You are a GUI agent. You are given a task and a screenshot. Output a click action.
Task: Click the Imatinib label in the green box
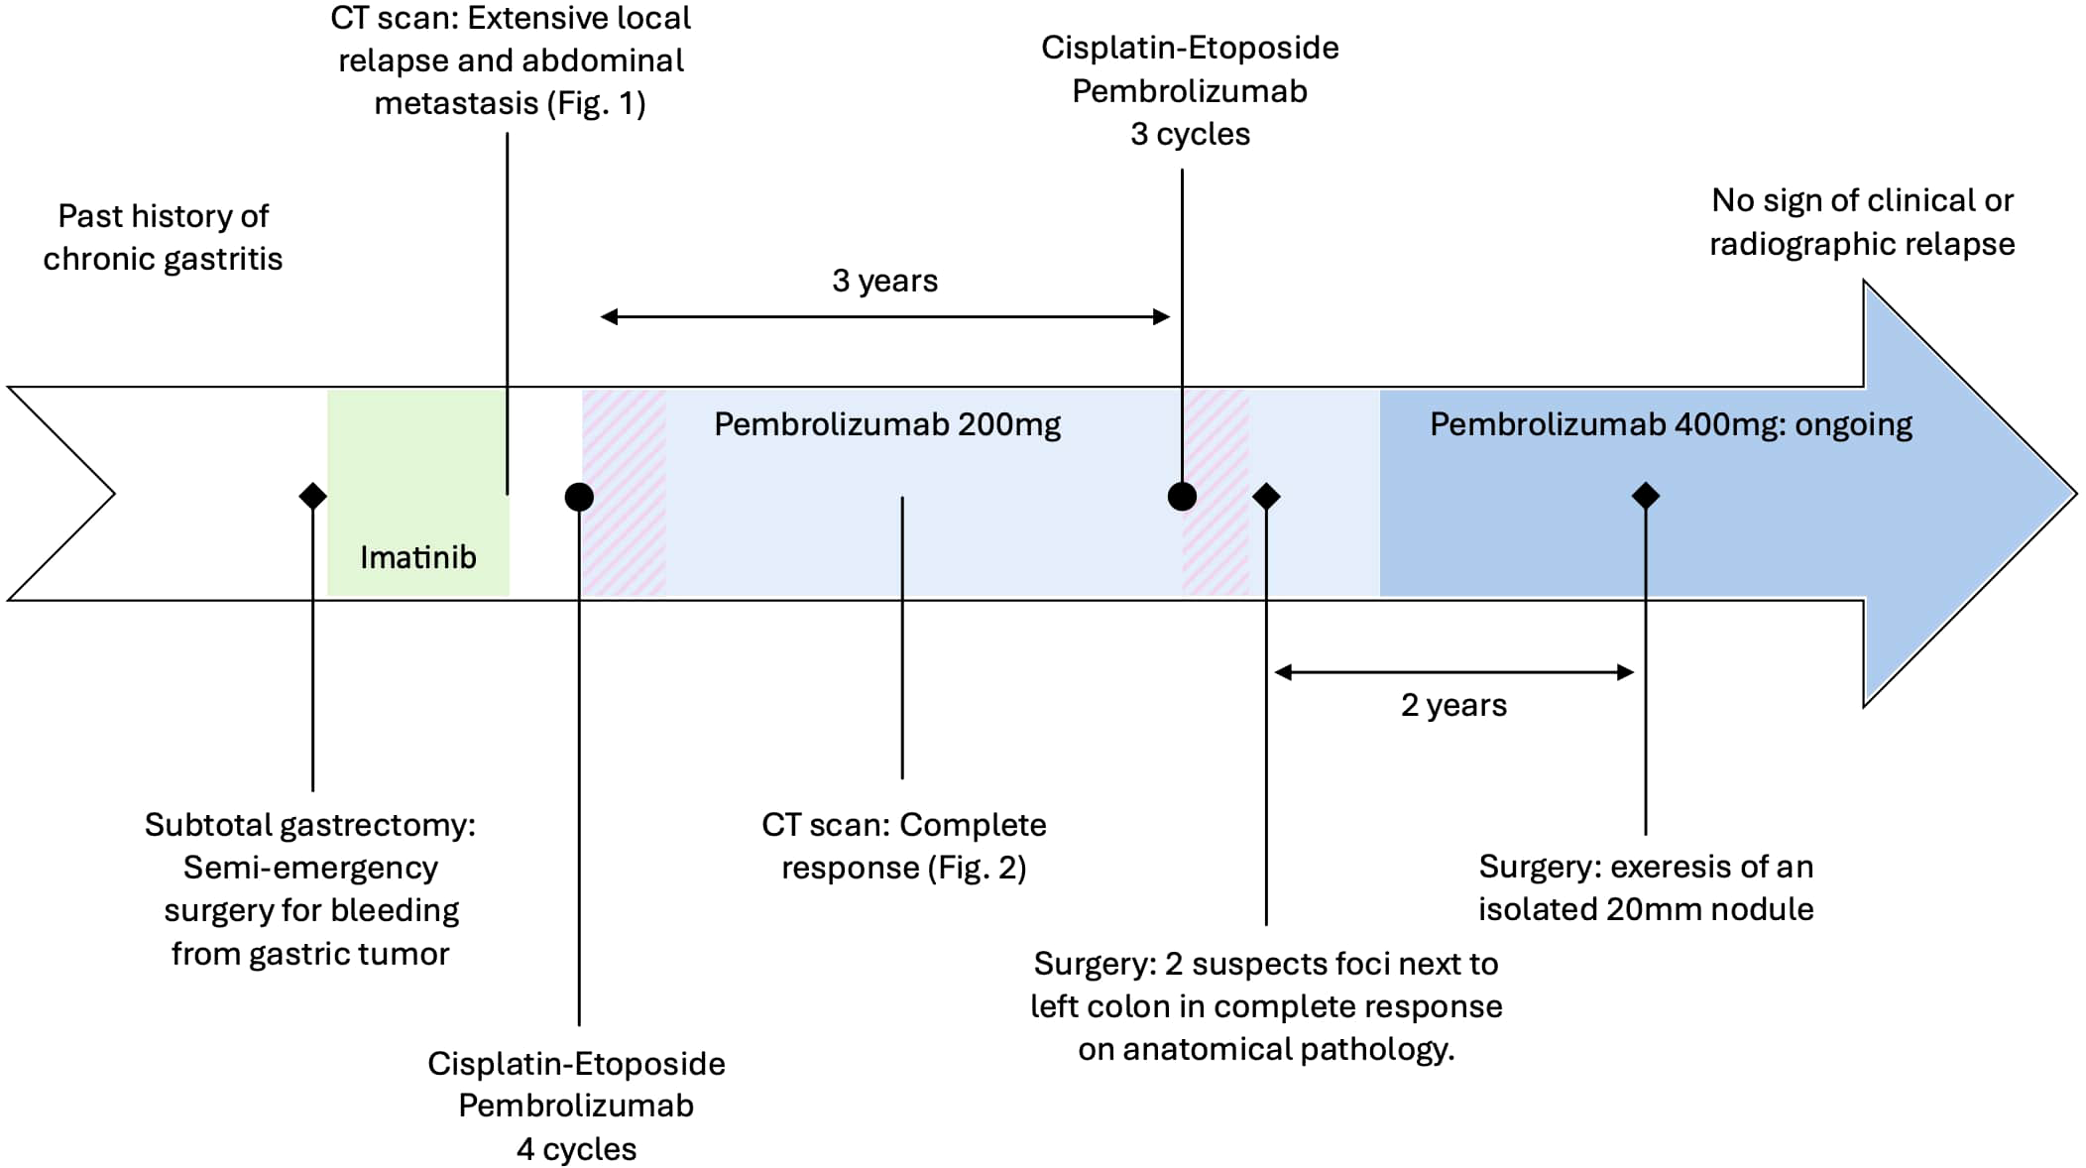[417, 557]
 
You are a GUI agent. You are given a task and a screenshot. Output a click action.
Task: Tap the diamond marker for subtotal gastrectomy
[312, 495]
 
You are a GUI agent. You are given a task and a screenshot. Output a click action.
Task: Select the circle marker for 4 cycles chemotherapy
[579, 496]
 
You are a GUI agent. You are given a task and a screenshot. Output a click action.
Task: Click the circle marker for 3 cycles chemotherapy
[1181, 495]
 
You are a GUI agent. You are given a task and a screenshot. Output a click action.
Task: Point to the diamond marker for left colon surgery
[1266, 495]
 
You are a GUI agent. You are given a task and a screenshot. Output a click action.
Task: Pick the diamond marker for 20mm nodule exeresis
[1645, 495]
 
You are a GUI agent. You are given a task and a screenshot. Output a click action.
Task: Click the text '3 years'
[884, 281]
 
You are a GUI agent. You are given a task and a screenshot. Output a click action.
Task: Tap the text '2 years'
[1452, 705]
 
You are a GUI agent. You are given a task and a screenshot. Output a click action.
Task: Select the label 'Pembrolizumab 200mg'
[886, 424]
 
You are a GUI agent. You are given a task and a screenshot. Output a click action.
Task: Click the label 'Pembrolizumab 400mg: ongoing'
[1670, 424]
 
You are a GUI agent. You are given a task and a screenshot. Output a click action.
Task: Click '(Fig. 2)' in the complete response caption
[977, 868]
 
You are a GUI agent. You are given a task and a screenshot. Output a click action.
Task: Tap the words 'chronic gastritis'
[163, 259]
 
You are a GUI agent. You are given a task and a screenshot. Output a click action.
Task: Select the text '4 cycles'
[576, 1148]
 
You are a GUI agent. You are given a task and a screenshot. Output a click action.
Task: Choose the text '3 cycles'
[1190, 134]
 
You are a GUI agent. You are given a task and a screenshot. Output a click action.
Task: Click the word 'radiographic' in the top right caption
[1798, 244]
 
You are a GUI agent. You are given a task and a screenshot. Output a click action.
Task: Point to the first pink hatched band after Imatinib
[624, 493]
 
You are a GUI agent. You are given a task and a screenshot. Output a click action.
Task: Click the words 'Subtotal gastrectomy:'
[309, 825]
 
